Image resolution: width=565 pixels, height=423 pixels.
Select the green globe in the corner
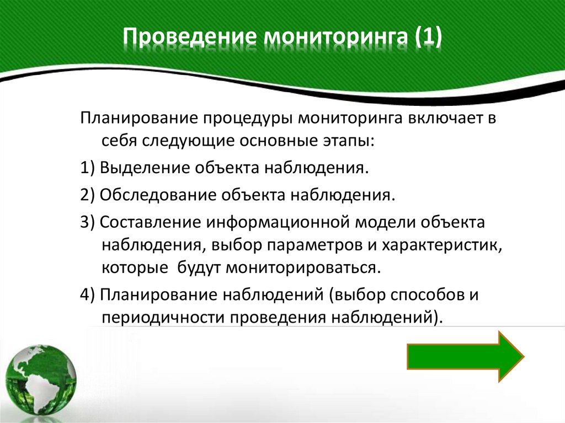[x=41, y=381]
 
